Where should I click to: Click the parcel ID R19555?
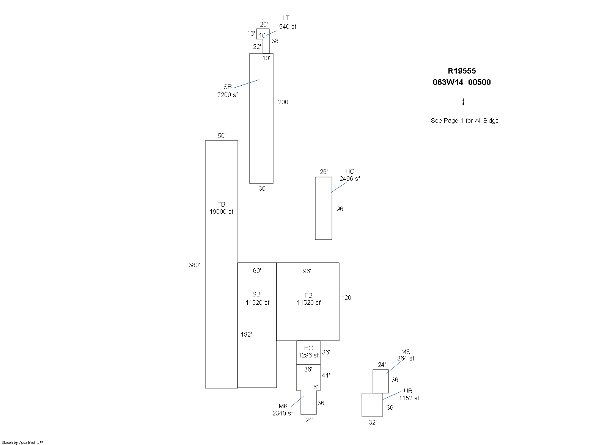tap(462, 71)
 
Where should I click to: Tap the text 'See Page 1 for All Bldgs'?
tap(464, 121)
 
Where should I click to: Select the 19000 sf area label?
tap(222, 212)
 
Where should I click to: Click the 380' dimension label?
tap(194, 265)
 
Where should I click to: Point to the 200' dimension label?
tap(284, 102)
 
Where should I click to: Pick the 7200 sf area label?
tap(228, 95)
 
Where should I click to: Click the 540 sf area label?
tap(288, 27)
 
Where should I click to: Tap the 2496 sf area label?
tap(350, 179)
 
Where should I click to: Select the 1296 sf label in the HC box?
tap(308, 355)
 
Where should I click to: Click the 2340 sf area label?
tap(283, 413)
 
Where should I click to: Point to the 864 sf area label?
tap(406, 358)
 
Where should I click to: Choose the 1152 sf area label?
tap(409, 398)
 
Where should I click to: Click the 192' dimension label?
tap(246, 334)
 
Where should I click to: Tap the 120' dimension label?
tap(347, 298)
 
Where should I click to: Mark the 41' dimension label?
tap(326, 375)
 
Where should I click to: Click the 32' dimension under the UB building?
tap(373, 422)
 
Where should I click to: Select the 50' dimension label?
tap(222, 136)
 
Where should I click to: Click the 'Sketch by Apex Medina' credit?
tap(22, 442)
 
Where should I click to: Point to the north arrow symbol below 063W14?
tap(463, 102)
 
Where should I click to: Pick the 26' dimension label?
tap(324, 172)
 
